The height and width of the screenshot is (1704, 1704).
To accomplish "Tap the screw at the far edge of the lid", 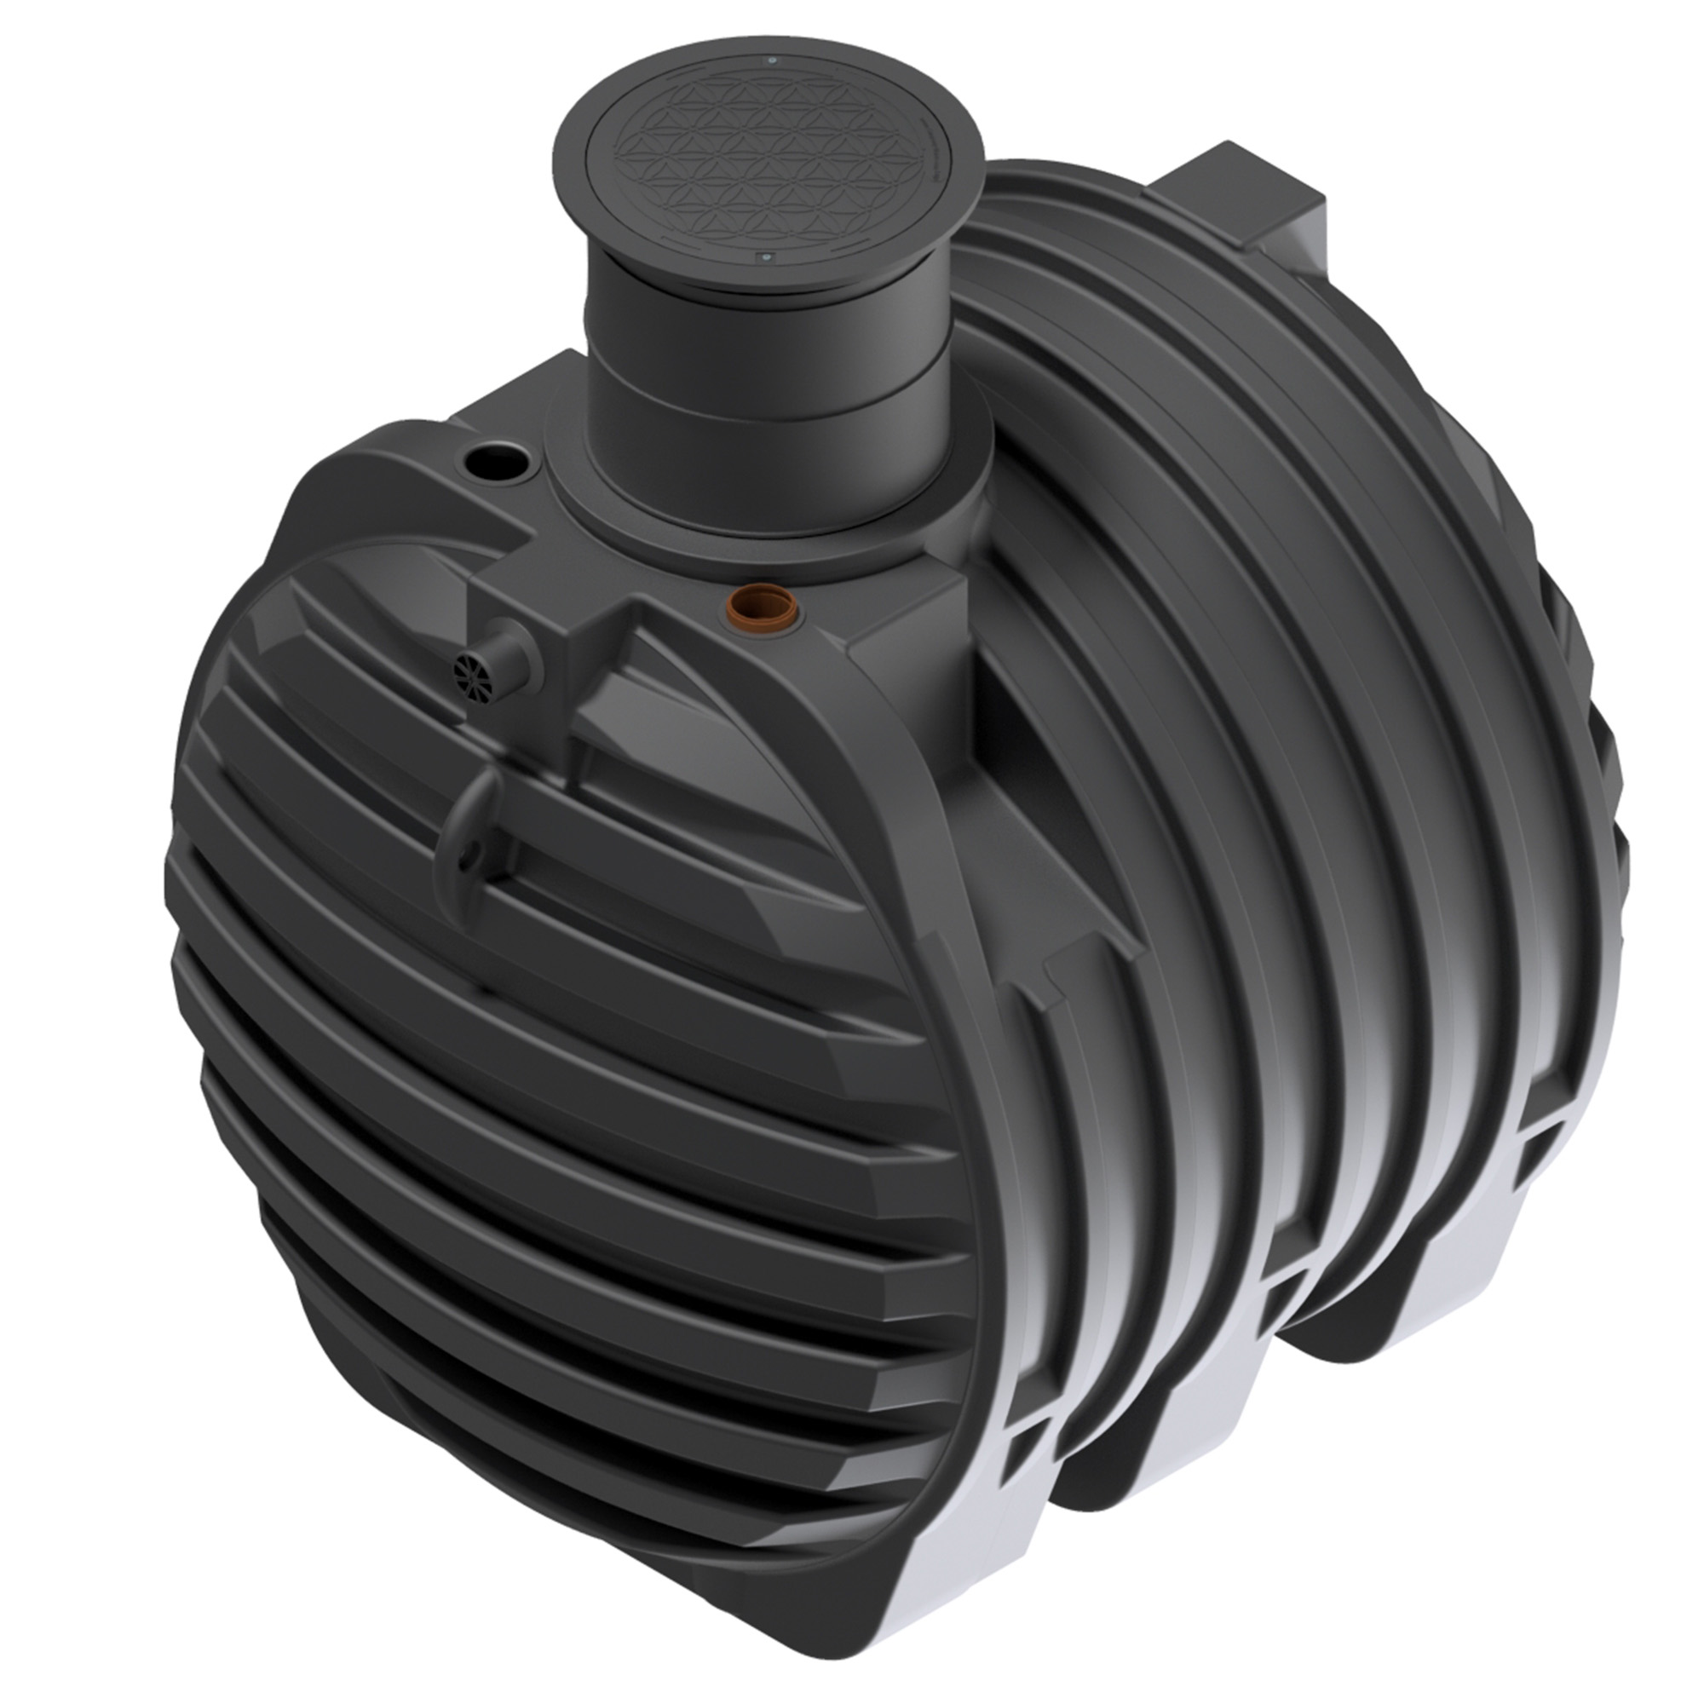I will (773, 60).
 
